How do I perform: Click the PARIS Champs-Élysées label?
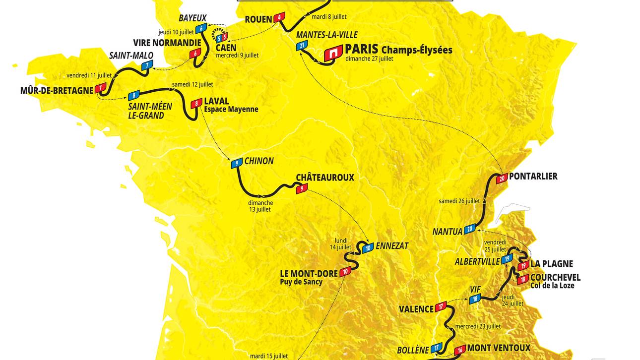(398, 50)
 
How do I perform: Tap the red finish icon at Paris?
(334, 53)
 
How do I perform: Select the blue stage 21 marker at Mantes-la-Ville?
(302, 46)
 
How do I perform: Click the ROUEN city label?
(258, 19)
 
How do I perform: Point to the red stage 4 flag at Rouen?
(280, 17)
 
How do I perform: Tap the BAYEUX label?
(192, 18)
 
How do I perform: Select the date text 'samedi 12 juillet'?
(192, 84)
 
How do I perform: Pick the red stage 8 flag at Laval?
(197, 104)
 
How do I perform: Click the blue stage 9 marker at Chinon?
(237, 163)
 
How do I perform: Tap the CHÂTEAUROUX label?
(325, 178)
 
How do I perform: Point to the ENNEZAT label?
(392, 246)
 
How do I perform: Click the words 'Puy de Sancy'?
(301, 282)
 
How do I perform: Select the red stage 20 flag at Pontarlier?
(502, 179)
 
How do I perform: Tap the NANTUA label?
(447, 232)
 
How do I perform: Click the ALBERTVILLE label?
(477, 261)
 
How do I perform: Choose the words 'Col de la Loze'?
(552, 285)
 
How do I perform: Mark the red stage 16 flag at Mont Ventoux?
(460, 349)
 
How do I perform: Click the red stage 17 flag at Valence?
(442, 306)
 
